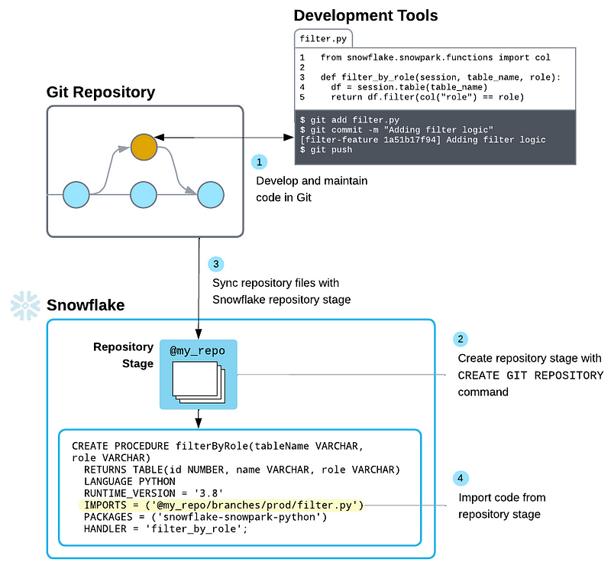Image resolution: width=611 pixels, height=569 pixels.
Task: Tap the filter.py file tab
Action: pos(322,37)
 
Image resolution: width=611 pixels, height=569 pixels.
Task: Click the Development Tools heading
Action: pos(366,15)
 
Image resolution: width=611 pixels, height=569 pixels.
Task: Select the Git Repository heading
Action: pos(101,93)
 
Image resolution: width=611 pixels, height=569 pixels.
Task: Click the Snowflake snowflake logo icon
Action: pos(24,305)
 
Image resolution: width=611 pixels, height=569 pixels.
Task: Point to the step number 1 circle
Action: pos(260,162)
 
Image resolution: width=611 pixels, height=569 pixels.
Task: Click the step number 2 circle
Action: pos(461,339)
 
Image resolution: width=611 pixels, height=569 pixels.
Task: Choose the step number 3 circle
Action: pos(216,264)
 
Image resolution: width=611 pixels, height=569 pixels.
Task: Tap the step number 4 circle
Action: pos(460,479)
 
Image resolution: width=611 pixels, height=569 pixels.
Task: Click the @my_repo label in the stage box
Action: pos(197,351)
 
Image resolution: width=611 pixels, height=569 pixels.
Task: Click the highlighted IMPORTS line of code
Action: pos(223,505)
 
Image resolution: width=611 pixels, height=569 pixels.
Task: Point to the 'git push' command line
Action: pos(326,150)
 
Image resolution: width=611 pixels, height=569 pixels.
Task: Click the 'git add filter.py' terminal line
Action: pos(349,121)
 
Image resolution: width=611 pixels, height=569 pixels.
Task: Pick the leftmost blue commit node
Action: pos(76,195)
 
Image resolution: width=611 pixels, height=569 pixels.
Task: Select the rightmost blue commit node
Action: pos(210,195)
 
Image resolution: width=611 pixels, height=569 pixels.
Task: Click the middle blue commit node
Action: pos(144,195)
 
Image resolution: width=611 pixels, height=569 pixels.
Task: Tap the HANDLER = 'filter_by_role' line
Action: pos(166,529)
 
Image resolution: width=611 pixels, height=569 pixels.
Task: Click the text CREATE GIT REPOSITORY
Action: pos(530,376)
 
